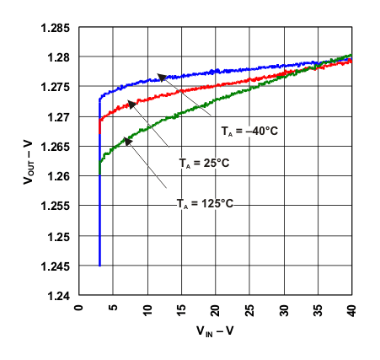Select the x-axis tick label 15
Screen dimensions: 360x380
180,309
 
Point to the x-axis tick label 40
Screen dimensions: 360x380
351,309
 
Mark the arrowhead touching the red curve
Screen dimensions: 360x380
131,104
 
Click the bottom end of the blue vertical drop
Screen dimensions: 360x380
99,266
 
